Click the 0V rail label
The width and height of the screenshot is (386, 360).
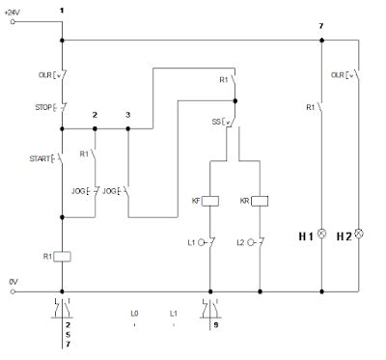(x=13, y=281)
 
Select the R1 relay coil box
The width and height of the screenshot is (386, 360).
(x=62, y=256)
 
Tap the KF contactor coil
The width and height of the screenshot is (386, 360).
(x=211, y=201)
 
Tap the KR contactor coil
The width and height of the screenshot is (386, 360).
(x=261, y=201)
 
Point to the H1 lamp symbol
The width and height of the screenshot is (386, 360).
(x=321, y=234)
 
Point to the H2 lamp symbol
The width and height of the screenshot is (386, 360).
(x=359, y=234)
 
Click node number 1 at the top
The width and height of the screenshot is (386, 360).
(x=62, y=9)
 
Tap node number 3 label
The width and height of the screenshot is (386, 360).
(x=128, y=116)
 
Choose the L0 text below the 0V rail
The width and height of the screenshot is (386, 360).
(x=135, y=314)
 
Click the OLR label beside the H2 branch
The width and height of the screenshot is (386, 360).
(x=338, y=73)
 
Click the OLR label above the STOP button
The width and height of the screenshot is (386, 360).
(x=43, y=73)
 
